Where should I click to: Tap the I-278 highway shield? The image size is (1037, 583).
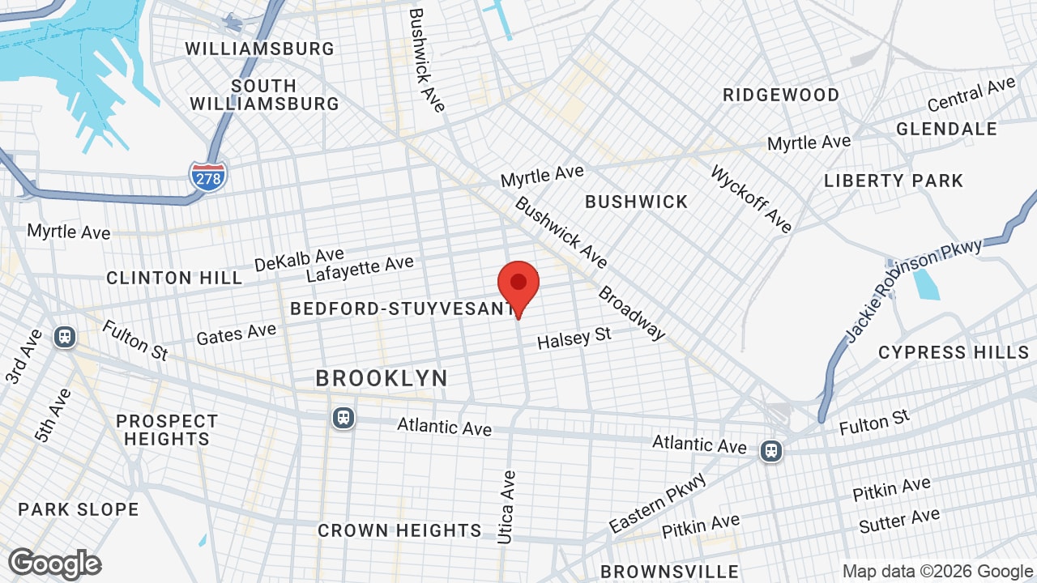pos(208,176)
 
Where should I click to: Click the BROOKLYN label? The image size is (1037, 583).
pos(382,378)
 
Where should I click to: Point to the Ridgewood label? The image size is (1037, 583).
pos(781,95)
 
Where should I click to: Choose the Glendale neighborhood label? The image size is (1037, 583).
pos(946,129)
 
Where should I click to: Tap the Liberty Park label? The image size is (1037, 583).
pos(894,181)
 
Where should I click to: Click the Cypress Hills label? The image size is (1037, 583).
pos(954,352)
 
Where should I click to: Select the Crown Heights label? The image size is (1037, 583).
pos(399,530)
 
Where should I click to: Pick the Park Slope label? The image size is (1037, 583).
pos(79,509)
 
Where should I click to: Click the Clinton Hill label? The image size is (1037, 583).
pos(174,278)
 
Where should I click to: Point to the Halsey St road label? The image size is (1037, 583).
pos(574,338)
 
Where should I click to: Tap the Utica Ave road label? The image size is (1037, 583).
pos(507,507)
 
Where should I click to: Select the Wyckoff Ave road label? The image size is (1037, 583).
pos(751,199)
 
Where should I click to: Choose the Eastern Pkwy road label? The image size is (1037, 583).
pos(659,504)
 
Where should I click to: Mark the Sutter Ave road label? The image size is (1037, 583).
pos(899,521)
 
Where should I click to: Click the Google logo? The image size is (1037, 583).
pos(55,564)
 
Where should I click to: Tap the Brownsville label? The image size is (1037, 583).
pos(669,572)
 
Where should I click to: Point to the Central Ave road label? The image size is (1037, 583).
pos(971,96)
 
